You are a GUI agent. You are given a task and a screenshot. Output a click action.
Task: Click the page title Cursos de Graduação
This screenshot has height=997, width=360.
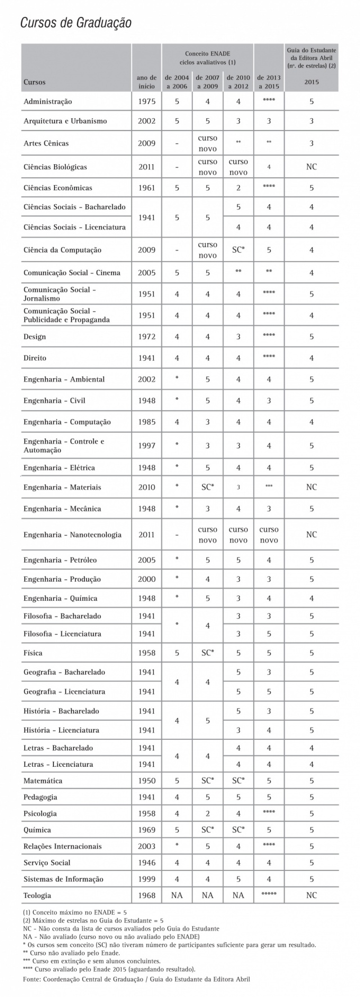(76, 23)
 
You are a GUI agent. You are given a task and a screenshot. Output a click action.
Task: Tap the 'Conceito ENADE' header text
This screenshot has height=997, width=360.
(208, 52)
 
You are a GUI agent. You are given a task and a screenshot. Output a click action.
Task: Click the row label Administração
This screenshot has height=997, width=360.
(48, 102)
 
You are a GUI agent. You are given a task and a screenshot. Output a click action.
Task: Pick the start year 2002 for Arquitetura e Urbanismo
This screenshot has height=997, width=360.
(146, 121)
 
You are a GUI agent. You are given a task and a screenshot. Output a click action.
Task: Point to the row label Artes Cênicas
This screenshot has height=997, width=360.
(46, 143)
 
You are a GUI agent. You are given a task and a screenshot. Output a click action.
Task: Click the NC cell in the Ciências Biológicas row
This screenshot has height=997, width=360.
(311, 167)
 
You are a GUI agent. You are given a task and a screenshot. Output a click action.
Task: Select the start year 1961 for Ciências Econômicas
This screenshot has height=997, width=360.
(146, 188)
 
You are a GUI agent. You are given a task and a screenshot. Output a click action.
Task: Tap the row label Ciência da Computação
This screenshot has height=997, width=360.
(62, 250)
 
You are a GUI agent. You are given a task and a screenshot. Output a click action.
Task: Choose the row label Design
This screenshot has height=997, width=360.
(35, 337)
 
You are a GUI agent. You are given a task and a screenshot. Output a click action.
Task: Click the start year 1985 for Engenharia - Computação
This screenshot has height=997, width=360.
(146, 422)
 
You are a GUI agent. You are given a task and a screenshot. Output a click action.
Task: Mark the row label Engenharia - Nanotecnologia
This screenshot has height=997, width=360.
(72, 535)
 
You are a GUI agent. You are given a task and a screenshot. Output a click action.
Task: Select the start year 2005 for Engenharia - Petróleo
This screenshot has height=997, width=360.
(146, 560)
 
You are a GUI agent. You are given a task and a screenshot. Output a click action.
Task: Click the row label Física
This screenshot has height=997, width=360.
(33, 653)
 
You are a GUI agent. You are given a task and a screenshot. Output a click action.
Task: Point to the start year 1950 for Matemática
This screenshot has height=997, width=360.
(146, 781)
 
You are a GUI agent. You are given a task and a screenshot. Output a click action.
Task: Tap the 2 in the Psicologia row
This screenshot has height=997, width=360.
(207, 814)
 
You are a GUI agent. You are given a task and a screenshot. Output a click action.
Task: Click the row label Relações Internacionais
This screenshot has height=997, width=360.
(62, 846)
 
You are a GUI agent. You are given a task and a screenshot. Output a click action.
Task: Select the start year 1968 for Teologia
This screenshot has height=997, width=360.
(146, 895)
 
